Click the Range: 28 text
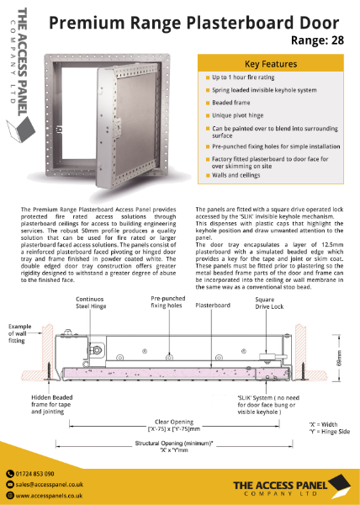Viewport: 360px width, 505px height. tap(321, 39)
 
